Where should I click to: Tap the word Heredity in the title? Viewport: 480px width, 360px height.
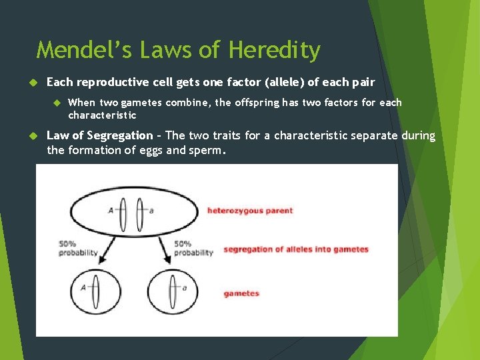(x=274, y=51)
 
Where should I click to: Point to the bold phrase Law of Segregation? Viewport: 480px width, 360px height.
(x=99, y=136)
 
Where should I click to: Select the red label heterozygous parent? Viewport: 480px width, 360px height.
(x=250, y=211)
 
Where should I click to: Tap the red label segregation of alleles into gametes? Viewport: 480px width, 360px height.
(x=296, y=249)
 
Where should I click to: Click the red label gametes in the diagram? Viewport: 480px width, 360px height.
(x=241, y=293)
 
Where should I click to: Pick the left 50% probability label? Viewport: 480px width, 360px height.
(x=77, y=249)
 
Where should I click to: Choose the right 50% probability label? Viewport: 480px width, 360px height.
(x=193, y=249)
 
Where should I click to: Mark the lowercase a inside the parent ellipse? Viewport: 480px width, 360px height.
(x=152, y=211)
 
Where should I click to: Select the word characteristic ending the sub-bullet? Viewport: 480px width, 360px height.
(x=102, y=115)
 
